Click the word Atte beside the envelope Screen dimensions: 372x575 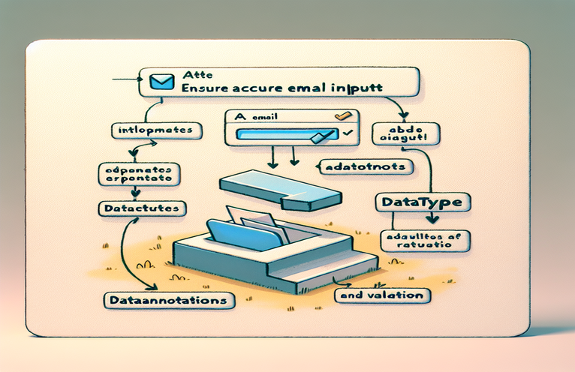coord(194,75)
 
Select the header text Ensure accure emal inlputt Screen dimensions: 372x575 coord(282,88)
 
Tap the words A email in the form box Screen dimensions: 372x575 coord(251,118)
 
